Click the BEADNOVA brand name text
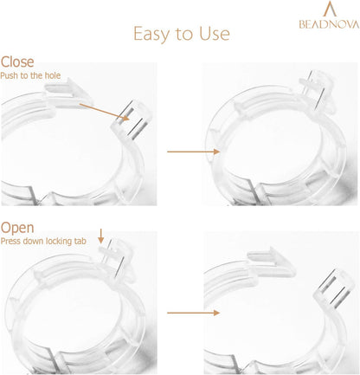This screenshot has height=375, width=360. click(329, 24)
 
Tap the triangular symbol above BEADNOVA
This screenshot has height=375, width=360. click(330, 9)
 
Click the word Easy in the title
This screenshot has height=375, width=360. click(152, 35)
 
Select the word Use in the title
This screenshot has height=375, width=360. click(215, 34)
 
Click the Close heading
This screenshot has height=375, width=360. click(17, 61)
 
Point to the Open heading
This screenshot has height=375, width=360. click(17, 228)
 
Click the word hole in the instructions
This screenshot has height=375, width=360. click(52, 75)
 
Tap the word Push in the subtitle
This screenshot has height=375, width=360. click(10, 75)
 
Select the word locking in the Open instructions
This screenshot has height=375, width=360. click(59, 241)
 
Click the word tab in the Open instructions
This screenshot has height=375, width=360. click(80, 241)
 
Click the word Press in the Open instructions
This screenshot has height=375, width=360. click(10, 241)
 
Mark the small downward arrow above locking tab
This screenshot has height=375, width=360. click(100, 236)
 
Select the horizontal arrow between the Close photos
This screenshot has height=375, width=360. click(194, 152)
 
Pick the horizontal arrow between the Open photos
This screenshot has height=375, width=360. click(194, 313)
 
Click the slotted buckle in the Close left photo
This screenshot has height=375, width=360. click(132, 120)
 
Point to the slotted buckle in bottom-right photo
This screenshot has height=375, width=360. click(335, 288)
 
